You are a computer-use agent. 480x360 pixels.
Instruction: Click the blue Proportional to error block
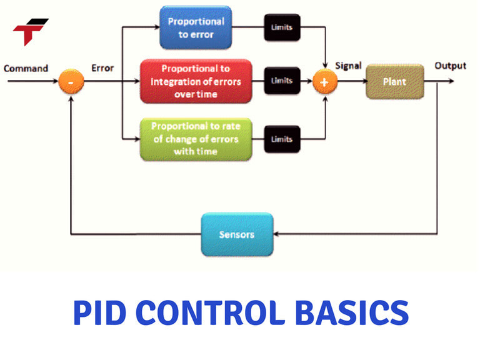pos(196,27)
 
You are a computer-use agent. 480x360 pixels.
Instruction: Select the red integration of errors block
pos(196,81)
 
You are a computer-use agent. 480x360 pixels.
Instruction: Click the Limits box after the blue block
pos(281,27)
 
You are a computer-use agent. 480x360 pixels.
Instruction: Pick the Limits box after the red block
pos(281,81)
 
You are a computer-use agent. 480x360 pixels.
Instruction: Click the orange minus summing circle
pos(72,82)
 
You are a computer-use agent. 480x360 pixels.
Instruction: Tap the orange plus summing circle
pos(324,82)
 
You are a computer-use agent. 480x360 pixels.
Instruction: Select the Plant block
pos(394,81)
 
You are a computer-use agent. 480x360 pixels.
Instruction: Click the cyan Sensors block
pos(237,234)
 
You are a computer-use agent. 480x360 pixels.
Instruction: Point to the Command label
pos(26,67)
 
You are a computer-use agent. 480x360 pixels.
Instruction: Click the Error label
pos(102,67)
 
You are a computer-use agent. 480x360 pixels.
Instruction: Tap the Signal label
pos(348,66)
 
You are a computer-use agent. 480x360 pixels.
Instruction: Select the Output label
pos(450,66)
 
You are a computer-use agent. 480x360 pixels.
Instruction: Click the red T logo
pos(30,31)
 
